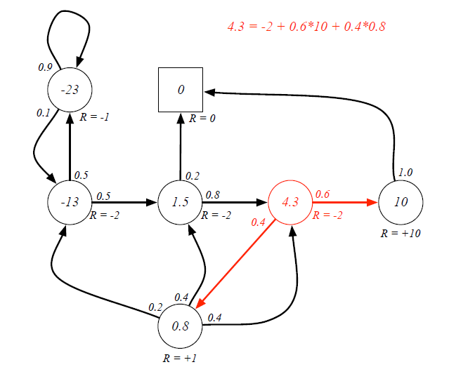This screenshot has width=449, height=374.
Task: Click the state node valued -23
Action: (x=70, y=91)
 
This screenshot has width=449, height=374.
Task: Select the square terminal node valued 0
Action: (x=181, y=89)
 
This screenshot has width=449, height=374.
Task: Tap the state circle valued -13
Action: (x=70, y=203)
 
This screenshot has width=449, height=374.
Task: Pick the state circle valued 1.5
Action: (x=181, y=203)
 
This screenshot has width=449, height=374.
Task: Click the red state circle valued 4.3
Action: (x=290, y=203)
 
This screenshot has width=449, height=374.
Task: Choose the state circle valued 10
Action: (x=401, y=203)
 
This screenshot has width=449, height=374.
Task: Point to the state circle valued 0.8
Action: (x=181, y=327)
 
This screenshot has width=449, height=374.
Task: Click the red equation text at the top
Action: (x=306, y=27)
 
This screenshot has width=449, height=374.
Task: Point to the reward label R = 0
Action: (x=202, y=119)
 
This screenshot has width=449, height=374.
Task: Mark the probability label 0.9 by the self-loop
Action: (x=44, y=67)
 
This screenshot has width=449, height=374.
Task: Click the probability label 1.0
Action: (x=405, y=172)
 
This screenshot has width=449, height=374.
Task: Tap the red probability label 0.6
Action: (x=323, y=194)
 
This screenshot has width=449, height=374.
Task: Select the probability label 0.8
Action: (x=213, y=194)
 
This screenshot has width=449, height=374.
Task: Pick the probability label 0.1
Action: (x=43, y=112)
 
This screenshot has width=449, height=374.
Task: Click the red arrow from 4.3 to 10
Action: (x=344, y=203)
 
